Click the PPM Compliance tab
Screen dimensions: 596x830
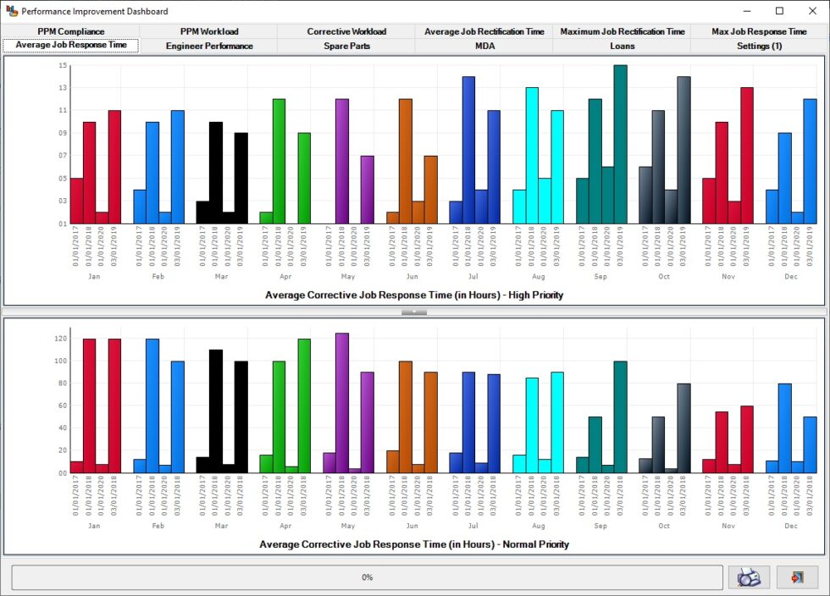[x=70, y=31]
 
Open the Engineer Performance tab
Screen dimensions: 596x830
[x=208, y=46]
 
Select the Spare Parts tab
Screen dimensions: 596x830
[x=346, y=46]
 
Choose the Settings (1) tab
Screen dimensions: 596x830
[x=759, y=46]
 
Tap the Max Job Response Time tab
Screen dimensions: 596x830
[x=759, y=31]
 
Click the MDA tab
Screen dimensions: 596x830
[x=484, y=46]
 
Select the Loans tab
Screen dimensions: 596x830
[x=622, y=46]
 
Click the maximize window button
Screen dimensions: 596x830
[x=779, y=11]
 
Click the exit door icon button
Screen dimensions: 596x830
[x=797, y=577]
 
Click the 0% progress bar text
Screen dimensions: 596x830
[x=367, y=577]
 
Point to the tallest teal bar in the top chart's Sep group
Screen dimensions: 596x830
[x=620, y=144]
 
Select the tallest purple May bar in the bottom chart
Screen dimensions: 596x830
[x=342, y=402]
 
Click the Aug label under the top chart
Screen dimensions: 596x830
[x=537, y=276]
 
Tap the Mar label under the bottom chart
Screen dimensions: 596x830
[x=221, y=525]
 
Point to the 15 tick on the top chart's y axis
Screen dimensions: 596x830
[x=62, y=66]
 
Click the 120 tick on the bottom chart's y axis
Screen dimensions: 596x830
[x=60, y=339]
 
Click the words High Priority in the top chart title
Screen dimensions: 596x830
[x=530, y=295]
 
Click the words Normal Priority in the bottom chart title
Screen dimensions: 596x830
[x=533, y=544]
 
